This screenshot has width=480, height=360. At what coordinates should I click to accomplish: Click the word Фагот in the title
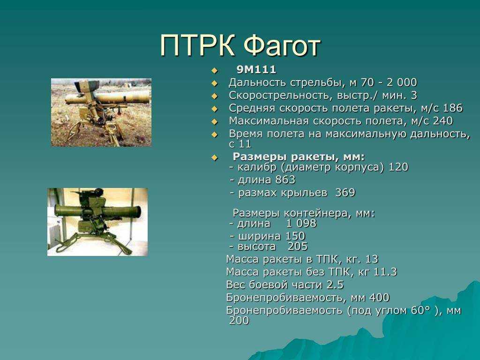tap(282, 45)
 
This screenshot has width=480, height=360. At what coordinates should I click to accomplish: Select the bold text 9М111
tap(256, 70)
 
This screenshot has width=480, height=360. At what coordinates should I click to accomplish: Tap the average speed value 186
tap(453, 108)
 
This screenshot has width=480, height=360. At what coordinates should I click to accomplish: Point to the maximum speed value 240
tap(442, 121)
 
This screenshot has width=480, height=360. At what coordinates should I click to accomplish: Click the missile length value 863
tap(285, 180)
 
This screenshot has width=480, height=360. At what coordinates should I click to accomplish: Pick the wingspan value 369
tap(345, 193)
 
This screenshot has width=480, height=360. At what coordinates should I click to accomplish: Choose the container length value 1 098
tap(301, 224)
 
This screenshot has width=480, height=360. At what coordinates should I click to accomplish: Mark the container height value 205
tap(298, 247)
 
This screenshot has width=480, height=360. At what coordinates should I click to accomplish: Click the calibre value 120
tap(398, 167)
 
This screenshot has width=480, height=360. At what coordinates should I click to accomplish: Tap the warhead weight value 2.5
tap(335, 285)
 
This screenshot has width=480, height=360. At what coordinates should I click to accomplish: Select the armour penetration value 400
tap(379, 298)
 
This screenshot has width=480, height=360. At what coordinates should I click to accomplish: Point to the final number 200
tap(239, 321)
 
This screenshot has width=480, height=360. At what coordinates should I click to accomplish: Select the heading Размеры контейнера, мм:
tap(304, 213)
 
